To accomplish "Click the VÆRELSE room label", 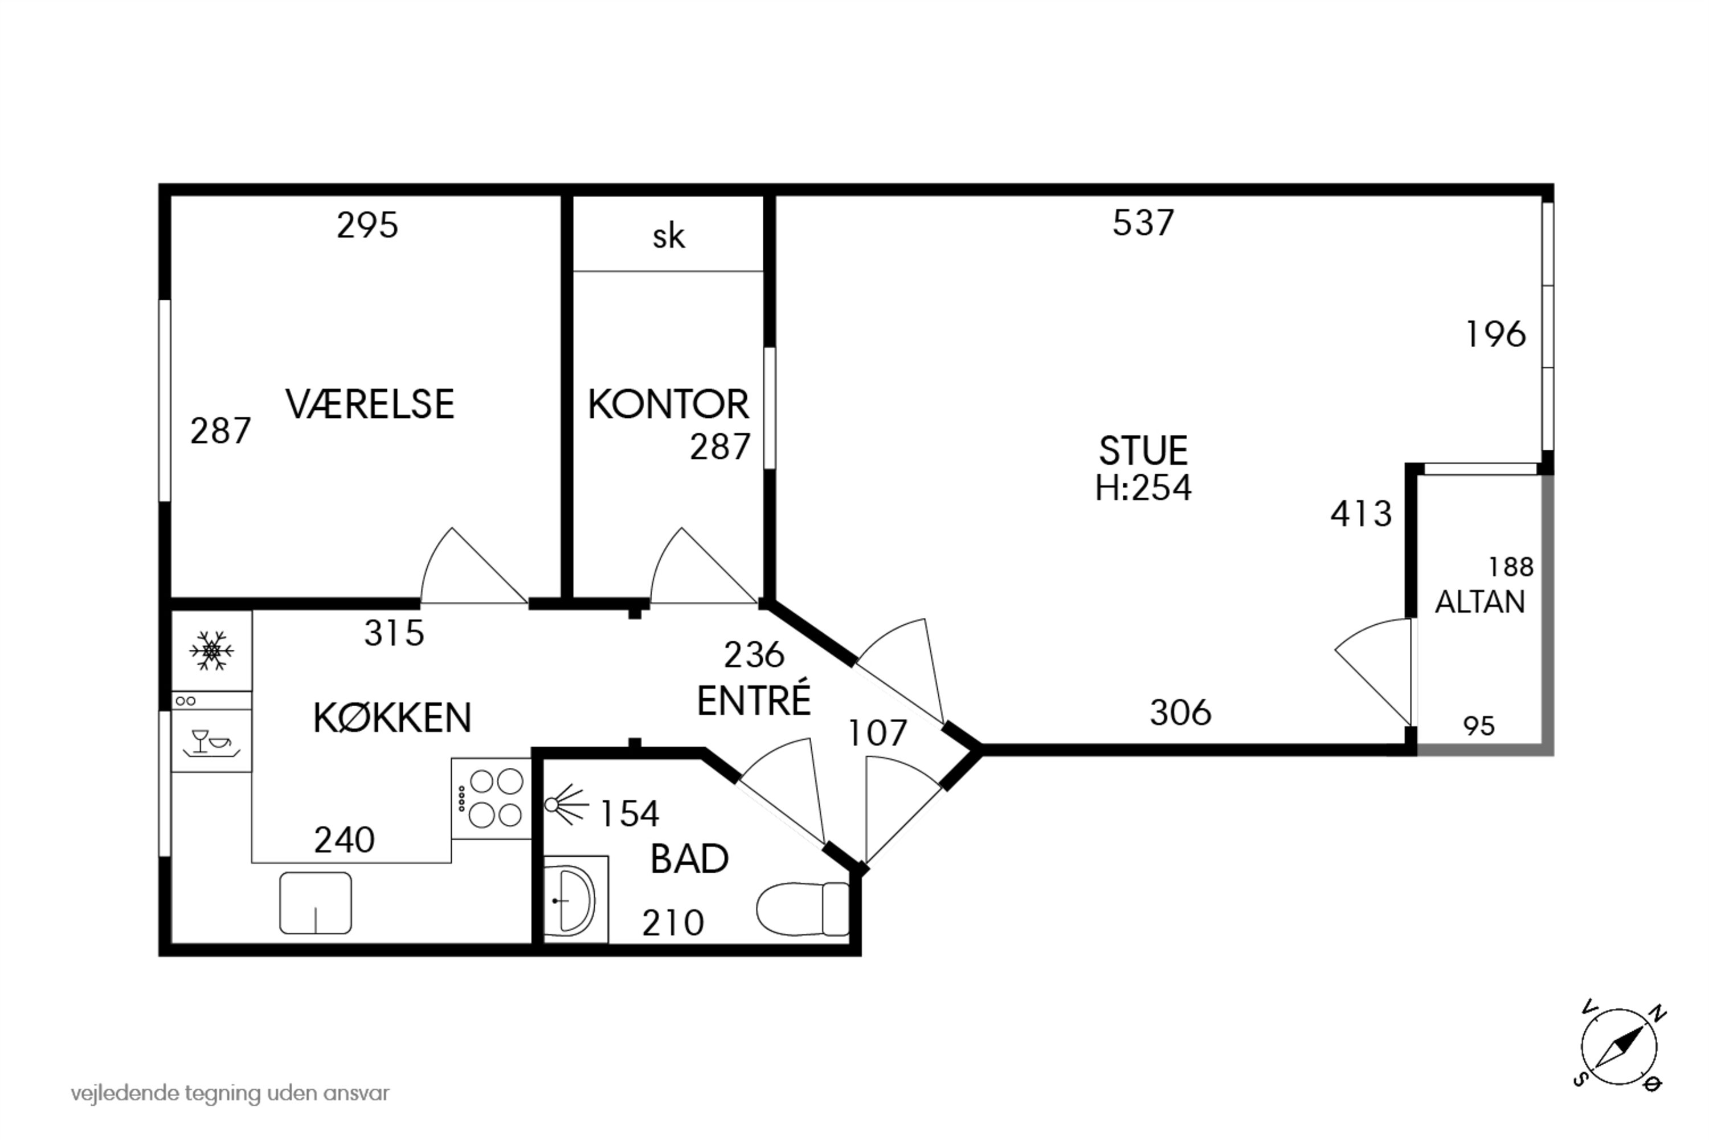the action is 370,404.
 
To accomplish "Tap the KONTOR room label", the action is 668,404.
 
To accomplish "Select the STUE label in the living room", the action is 1143,451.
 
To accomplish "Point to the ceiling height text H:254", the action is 1143,488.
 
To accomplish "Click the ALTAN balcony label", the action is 1479,602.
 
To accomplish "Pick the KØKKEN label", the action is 393,718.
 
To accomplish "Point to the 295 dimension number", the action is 367,225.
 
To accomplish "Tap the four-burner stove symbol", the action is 491,799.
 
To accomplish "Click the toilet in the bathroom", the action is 803,909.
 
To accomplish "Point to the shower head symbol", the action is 564,804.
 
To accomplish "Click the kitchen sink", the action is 316,903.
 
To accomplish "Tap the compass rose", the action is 1619,1048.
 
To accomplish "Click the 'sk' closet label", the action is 668,237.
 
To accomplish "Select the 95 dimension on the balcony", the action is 1479,726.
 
